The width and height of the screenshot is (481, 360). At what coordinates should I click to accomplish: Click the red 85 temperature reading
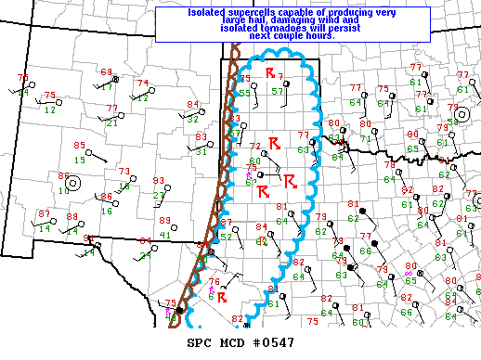pyautogui.click(x=80, y=146)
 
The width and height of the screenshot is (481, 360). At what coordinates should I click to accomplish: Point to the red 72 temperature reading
pyautogui.click(x=256, y=147)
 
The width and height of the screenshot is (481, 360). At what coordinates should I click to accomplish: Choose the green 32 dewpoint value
pyautogui.click(x=192, y=118)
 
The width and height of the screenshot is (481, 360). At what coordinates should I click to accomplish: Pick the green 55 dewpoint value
pyautogui.click(x=245, y=93)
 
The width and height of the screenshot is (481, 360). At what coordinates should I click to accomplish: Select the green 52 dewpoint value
pyautogui.click(x=227, y=237)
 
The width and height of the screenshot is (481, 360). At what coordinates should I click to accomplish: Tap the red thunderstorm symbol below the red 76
pyautogui.click(x=222, y=296)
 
